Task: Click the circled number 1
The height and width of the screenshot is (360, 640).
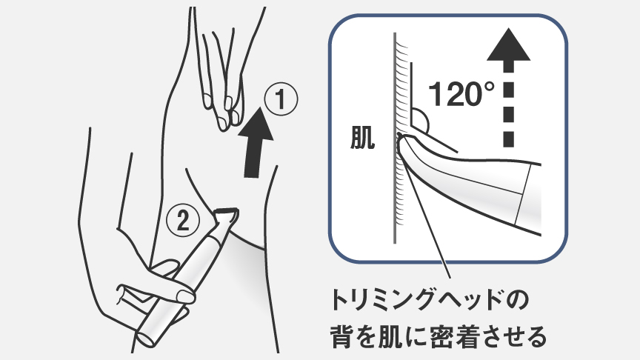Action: coord(281,99)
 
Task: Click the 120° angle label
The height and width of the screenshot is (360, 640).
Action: coord(461,94)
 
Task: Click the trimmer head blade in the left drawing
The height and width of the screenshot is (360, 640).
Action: coord(225,216)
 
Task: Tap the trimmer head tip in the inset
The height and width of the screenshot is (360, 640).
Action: coord(406,148)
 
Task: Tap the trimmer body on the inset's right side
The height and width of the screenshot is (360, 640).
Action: coord(511,193)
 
